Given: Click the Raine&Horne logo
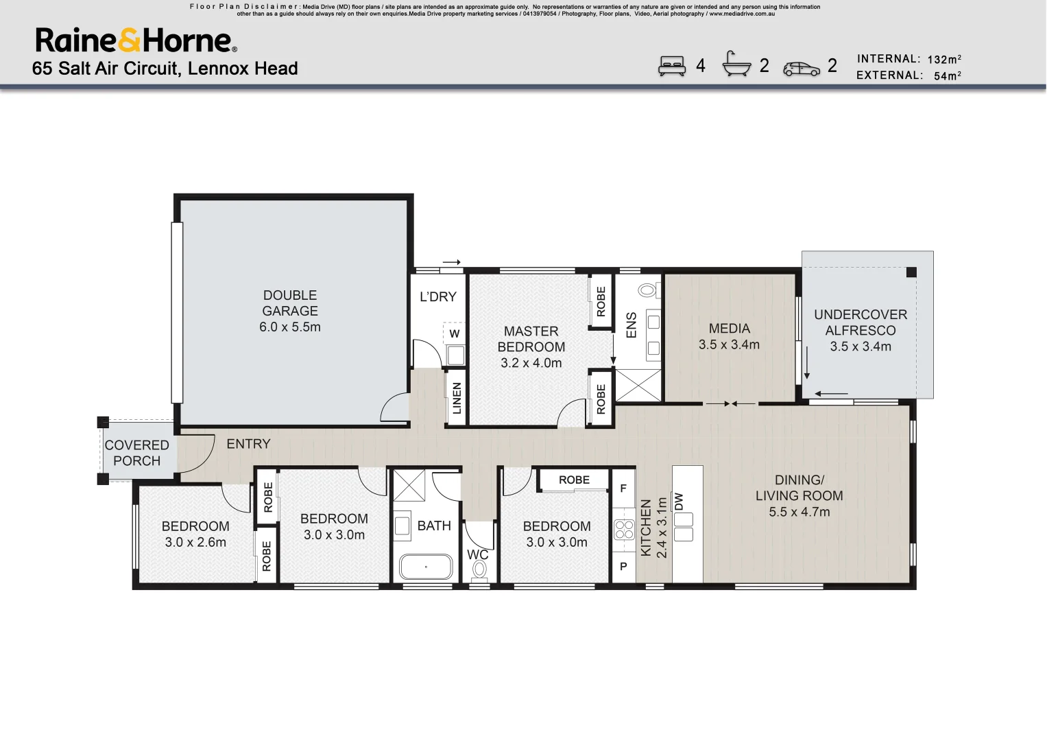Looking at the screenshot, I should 136,40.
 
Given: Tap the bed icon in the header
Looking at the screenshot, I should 671,66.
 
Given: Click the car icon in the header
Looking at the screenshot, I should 801,69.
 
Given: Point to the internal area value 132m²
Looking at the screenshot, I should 943,60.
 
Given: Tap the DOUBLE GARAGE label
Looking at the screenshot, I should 289,303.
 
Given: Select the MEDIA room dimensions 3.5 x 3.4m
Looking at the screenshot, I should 729,344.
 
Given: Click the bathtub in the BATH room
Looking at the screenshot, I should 426,567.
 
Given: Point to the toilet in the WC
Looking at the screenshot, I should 479,569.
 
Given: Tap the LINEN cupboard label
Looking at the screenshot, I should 457,398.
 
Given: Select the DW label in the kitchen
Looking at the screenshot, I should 679,501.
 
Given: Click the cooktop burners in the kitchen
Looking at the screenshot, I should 624,530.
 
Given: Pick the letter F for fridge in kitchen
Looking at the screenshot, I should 623,489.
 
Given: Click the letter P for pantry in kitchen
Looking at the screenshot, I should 623,567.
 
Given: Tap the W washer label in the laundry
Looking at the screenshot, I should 455,334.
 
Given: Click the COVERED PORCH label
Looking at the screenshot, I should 136,453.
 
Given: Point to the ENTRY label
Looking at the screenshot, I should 248,444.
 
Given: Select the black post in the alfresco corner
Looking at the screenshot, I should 911,272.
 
